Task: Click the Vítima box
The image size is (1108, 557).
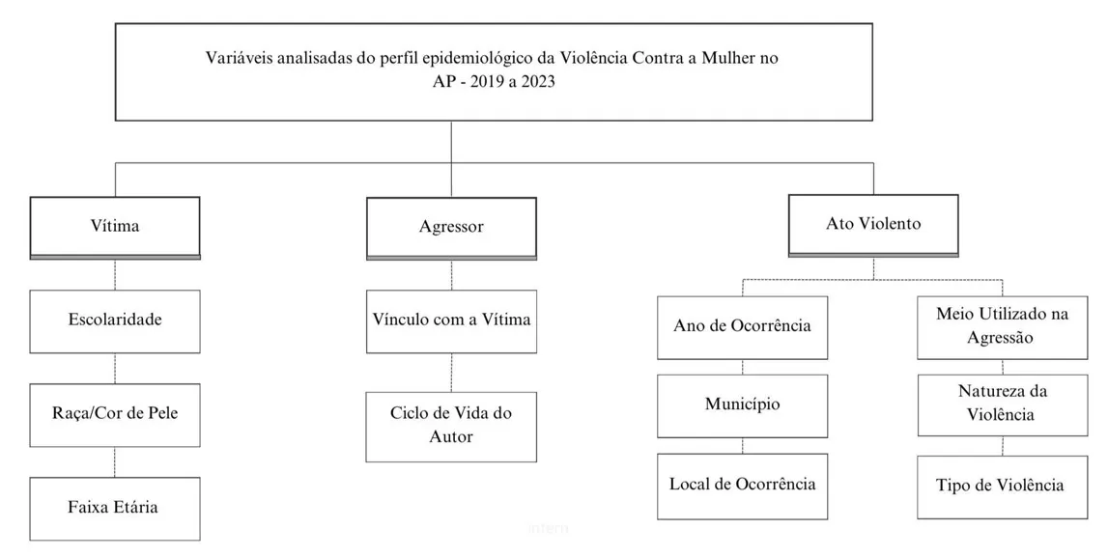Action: (x=115, y=227)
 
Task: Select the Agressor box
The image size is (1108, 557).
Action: (x=451, y=227)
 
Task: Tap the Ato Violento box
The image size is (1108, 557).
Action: (x=873, y=225)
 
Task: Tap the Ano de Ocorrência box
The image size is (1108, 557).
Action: (x=742, y=327)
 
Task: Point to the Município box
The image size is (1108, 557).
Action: (x=742, y=406)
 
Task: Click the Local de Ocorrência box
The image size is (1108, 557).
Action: (x=742, y=487)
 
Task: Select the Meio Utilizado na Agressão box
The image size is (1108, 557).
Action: (x=1002, y=327)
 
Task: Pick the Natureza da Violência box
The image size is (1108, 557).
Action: (x=1003, y=404)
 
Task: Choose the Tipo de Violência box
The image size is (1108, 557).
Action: (x=1003, y=487)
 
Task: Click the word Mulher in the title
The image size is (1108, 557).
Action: (x=727, y=58)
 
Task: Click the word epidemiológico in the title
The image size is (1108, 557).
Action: (x=482, y=59)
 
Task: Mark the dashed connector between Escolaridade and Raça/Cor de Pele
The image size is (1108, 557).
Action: (x=115, y=369)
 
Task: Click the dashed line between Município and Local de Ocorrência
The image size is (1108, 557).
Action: (x=742, y=445)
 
